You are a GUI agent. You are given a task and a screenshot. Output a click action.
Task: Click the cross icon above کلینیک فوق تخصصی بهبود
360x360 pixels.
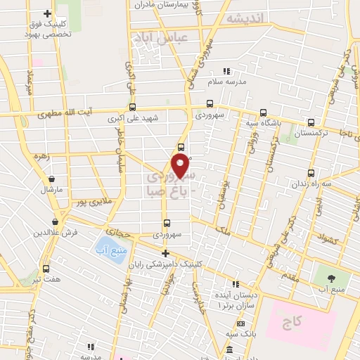point(47,13)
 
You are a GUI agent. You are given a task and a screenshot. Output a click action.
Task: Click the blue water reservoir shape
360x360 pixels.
point(108,250)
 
